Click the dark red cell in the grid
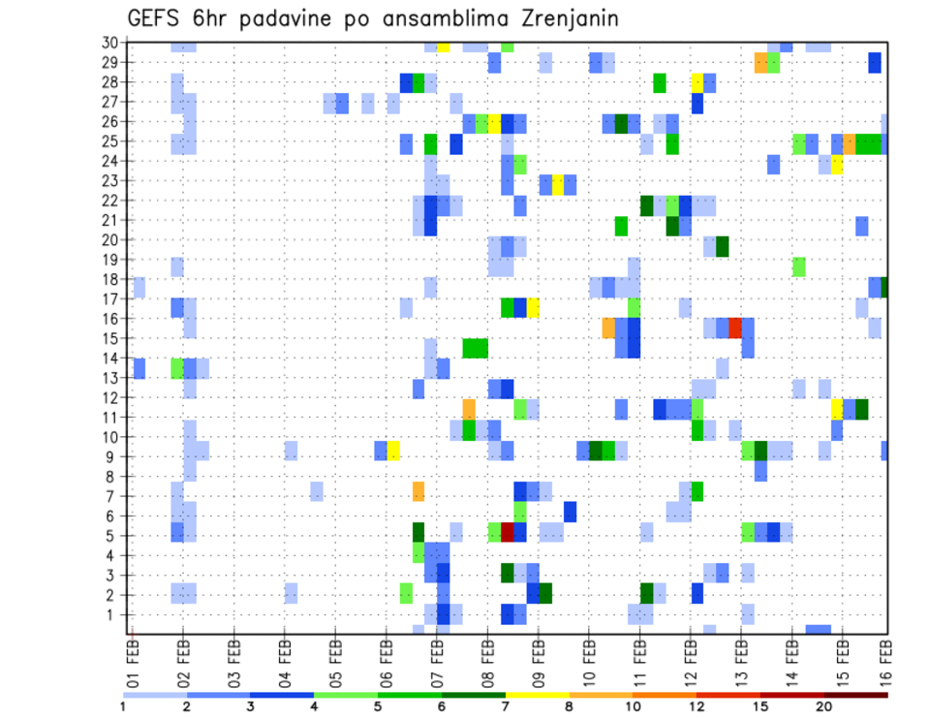(507, 532)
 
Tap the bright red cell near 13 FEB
(735, 328)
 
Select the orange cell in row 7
(418, 491)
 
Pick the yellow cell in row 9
(393, 451)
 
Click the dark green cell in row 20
(723, 246)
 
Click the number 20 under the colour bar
(823, 706)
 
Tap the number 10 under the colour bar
(634, 706)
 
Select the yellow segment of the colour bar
(538, 695)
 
